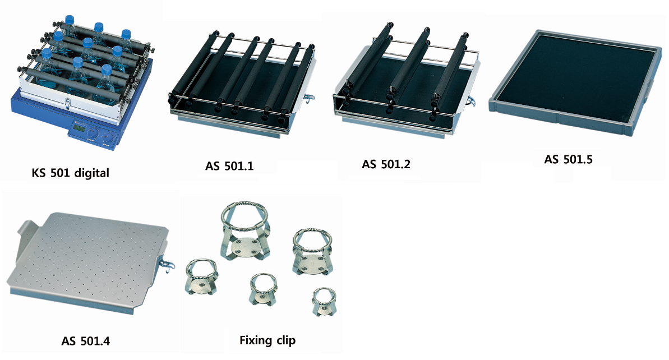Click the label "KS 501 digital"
point(71,173)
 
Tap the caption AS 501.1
point(229,165)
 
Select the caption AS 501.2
point(386,164)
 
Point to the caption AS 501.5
point(568,159)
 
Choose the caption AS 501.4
point(86,341)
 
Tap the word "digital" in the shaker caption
point(92,173)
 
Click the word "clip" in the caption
point(286,340)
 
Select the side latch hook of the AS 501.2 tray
point(471,101)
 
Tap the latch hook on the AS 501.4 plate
point(167,264)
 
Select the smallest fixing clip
point(324,302)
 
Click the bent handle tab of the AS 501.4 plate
point(26,233)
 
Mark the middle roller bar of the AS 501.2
point(411,68)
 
